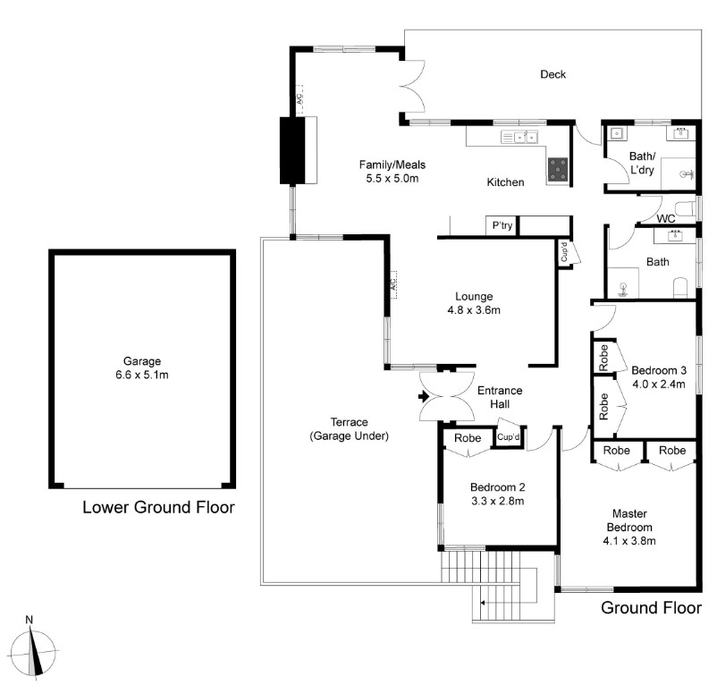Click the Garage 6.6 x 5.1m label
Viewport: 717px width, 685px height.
pyautogui.click(x=142, y=368)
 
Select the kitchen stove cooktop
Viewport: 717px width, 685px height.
pyautogui.click(x=558, y=169)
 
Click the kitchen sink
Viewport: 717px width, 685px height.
pyautogui.click(x=519, y=137)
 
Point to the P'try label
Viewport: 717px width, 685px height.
pyautogui.click(x=502, y=225)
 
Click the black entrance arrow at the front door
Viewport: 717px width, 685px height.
pyautogui.click(x=424, y=396)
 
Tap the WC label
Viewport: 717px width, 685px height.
pyautogui.click(x=666, y=219)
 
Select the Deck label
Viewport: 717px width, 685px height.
pyautogui.click(x=553, y=74)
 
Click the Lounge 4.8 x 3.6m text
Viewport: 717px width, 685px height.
pyautogui.click(x=474, y=303)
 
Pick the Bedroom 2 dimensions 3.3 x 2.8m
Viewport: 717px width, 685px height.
pyautogui.click(x=497, y=501)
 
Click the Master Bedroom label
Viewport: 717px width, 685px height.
pyautogui.click(x=629, y=520)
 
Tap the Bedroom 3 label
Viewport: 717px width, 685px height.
pyautogui.click(x=659, y=370)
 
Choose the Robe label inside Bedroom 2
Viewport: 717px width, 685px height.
pyautogui.click(x=468, y=438)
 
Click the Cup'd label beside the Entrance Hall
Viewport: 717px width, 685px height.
pyautogui.click(x=509, y=437)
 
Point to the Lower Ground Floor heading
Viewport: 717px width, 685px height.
pyautogui.click(x=158, y=507)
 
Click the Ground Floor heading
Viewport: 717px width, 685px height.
pyautogui.click(x=651, y=608)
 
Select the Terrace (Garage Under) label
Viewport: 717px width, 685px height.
pyautogui.click(x=350, y=429)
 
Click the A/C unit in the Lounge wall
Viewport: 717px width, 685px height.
pyautogui.click(x=393, y=285)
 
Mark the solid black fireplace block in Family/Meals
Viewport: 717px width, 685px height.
pyautogui.click(x=292, y=150)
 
